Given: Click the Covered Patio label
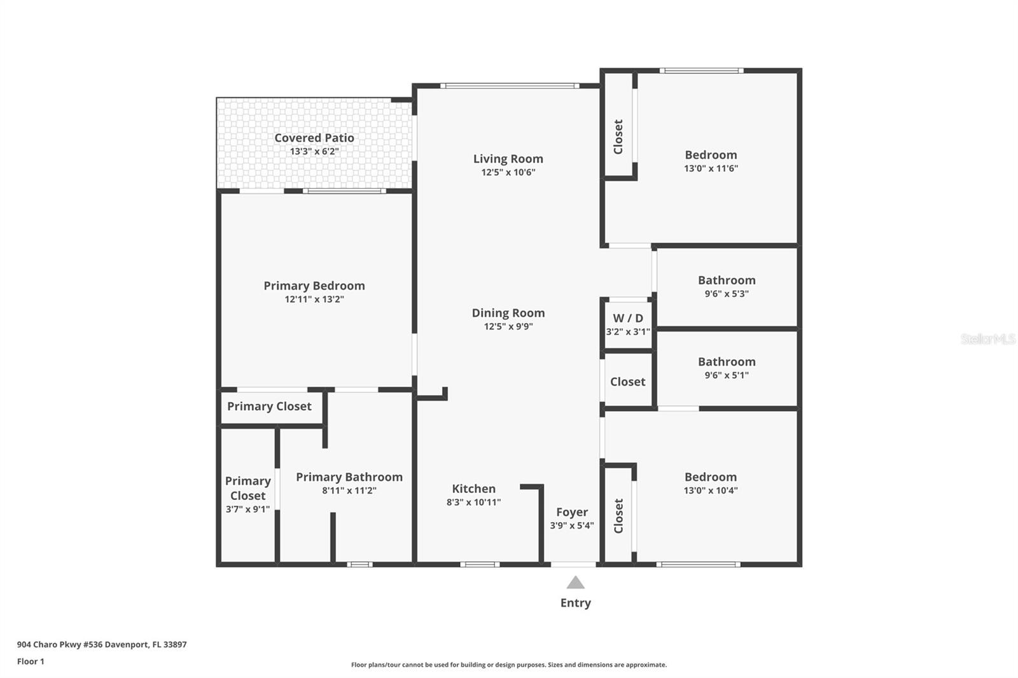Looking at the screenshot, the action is click(314, 137).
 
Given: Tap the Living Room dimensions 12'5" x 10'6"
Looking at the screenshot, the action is click(508, 172).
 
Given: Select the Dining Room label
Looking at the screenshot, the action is click(508, 313).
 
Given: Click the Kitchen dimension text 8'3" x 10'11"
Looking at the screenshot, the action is click(473, 502).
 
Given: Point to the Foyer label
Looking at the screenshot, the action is click(572, 512).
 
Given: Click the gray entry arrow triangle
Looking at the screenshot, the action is click(575, 583).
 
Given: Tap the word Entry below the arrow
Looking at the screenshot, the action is click(575, 603).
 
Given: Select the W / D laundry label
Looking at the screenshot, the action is click(627, 318).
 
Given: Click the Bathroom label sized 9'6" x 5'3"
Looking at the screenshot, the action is click(727, 280).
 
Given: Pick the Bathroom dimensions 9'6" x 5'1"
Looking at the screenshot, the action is click(727, 375).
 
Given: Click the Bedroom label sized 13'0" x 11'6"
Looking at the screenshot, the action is click(711, 155).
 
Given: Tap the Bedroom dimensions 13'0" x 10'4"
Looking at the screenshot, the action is click(711, 490).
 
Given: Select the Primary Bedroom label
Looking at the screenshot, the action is click(314, 286).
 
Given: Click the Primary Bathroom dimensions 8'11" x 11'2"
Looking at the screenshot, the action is click(349, 490).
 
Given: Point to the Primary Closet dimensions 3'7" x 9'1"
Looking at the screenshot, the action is click(248, 509).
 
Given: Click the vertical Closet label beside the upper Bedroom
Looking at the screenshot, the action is click(618, 137).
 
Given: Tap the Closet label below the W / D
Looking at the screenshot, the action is click(627, 382).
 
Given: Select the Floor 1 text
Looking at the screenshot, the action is click(31, 661).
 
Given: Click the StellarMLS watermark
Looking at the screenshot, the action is click(987, 338).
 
